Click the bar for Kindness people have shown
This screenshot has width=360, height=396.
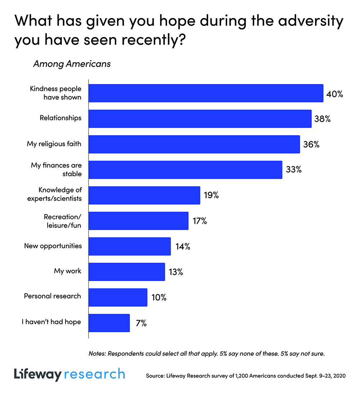206,93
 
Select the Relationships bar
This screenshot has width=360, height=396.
200,119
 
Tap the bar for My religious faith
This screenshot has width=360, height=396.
194,144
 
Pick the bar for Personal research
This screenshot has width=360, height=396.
118,297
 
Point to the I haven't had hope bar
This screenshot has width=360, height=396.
109,323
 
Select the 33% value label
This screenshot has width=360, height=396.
293,170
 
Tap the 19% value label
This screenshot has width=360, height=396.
211,195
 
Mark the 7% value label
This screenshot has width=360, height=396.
141,323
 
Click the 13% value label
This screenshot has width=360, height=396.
176,272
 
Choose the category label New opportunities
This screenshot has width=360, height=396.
53,246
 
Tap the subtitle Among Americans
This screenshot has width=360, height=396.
72,64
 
